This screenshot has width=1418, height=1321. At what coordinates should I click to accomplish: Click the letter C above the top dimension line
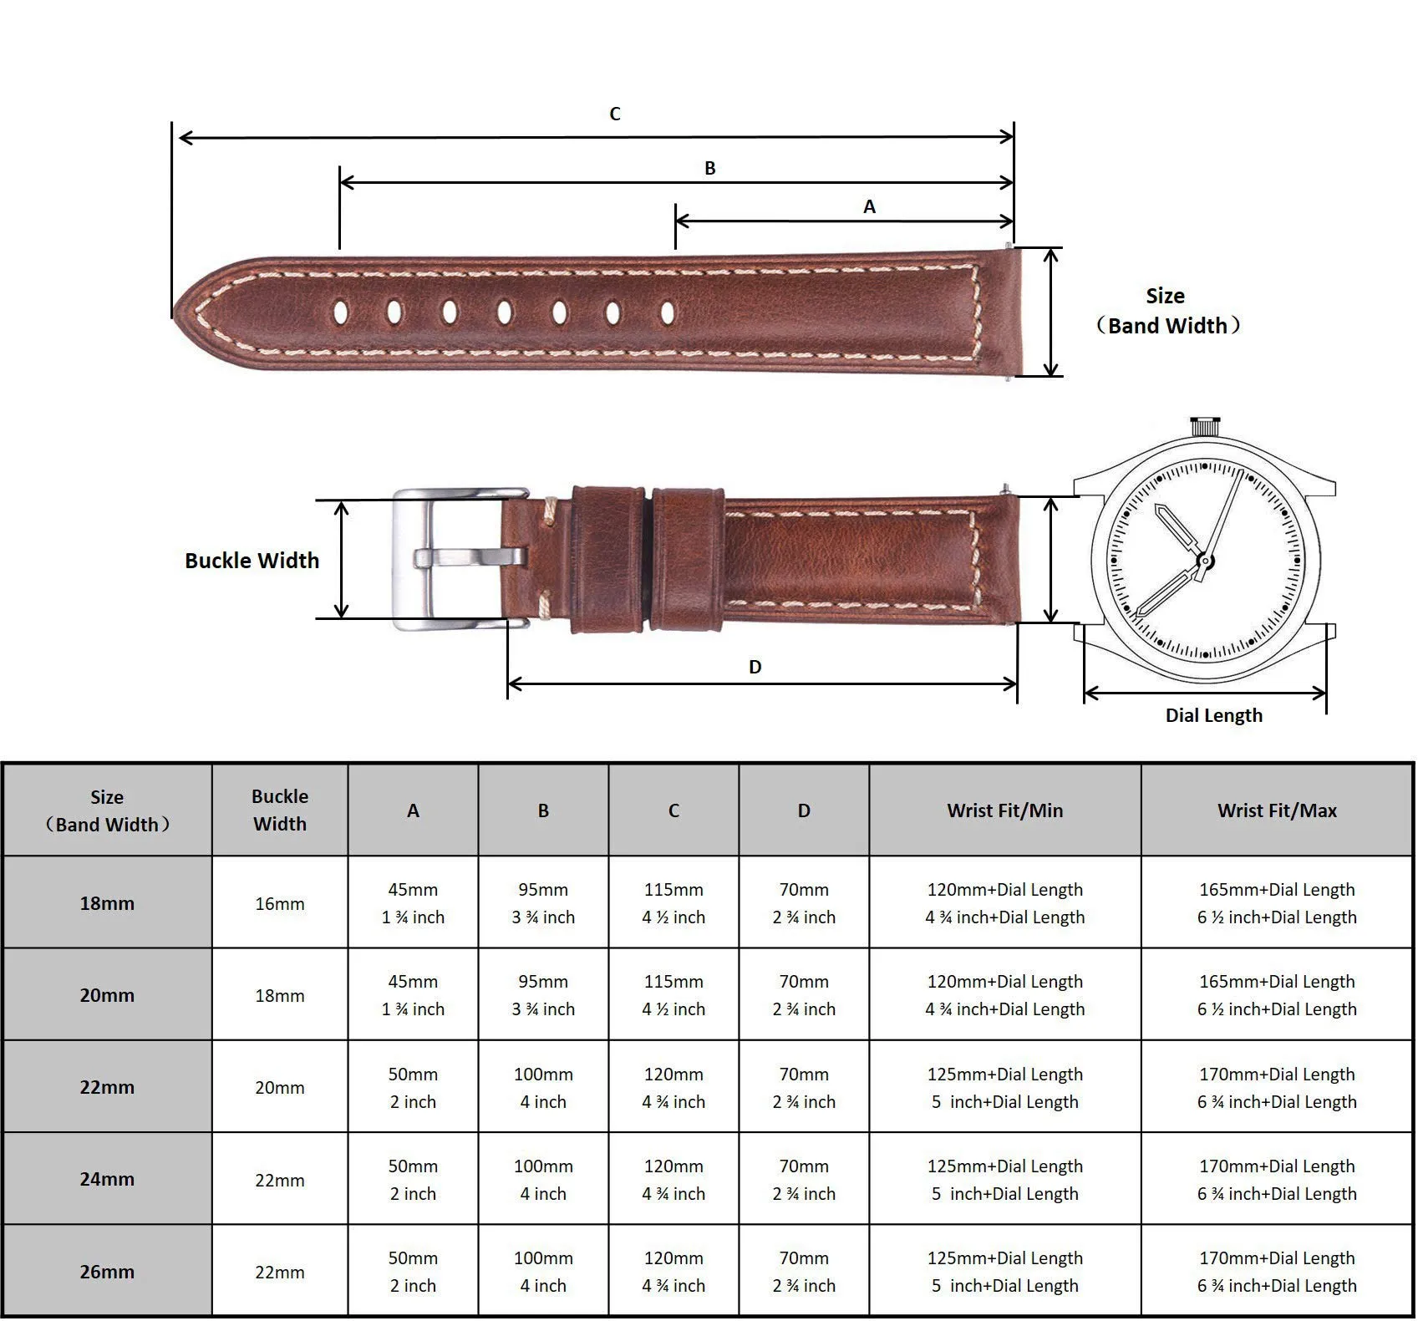pyautogui.click(x=615, y=114)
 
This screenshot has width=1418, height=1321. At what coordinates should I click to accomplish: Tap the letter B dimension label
pyautogui.click(x=710, y=168)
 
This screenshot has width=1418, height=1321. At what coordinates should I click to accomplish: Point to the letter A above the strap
pyautogui.click(x=870, y=206)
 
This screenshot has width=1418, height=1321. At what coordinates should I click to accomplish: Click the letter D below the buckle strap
pyautogui.click(x=755, y=667)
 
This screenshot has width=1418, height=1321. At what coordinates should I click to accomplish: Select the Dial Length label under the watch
pyautogui.click(x=1214, y=715)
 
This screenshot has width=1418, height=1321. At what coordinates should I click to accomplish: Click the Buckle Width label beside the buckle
pyautogui.click(x=252, y=561)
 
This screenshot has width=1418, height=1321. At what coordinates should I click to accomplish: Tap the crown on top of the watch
pyautogui.click(x=1203, y=426)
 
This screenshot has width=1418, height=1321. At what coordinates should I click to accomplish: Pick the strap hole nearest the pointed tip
pyautogui.click(x=340, y=312)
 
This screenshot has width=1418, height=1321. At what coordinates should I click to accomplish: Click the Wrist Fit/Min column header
pyautogui.click(x=1005, y=810)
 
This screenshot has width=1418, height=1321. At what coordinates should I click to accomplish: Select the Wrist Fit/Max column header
pyautogui.click(x=1277, y=810)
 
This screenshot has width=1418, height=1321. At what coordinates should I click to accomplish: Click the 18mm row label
pyautogui.click(x=107, y=903)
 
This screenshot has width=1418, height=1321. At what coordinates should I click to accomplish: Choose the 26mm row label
pyautogui.click(x=107, y=1272)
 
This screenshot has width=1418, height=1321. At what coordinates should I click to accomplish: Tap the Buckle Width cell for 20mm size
pyautogui.click(x=280, y=996)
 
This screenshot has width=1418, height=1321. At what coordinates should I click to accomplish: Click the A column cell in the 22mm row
pyautogui.click(x=413, y=1088)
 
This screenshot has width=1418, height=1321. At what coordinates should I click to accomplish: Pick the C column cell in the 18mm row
pyautogui.click(x=673, y=903)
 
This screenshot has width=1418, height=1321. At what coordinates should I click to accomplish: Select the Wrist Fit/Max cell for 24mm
pyautogui.click(x=1277, y=1180)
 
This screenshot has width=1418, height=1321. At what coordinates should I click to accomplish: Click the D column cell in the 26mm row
pyautogui.click(x=804, y=1272)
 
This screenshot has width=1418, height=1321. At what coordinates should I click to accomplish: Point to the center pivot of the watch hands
pyautogui.click(x=1205, y=561)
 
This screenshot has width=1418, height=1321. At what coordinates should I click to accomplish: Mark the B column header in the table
pyautogui.click(x=543, y=810)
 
